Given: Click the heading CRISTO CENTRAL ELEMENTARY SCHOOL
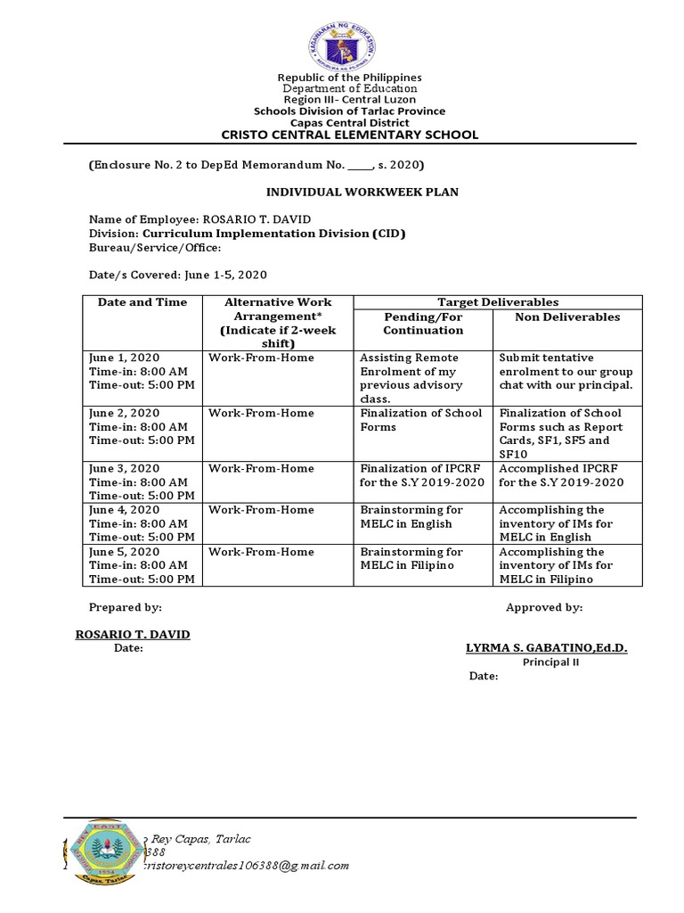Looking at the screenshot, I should click(349, 135).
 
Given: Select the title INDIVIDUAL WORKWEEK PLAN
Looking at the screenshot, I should click(349, 192).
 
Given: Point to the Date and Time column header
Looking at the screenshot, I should click(142, 302).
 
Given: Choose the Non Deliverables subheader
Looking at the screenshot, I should click(568, 317).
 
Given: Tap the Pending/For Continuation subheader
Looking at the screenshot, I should click(423, 324).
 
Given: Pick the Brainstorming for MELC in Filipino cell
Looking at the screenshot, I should click(423, 559).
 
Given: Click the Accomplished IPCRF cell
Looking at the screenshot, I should click(568, 475).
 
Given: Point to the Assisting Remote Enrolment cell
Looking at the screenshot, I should click(423, 378).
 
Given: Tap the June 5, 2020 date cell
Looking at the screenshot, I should click(142, 565).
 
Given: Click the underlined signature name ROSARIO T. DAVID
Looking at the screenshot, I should click(132, 634).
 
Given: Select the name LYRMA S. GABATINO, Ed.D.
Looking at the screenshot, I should click(546, 648).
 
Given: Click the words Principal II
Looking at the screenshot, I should click(550, 662).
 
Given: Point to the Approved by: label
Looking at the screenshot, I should click(544, 607).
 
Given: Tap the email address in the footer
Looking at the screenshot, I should click(246, 865).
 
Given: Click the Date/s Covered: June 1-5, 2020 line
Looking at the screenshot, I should click(177, 275).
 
